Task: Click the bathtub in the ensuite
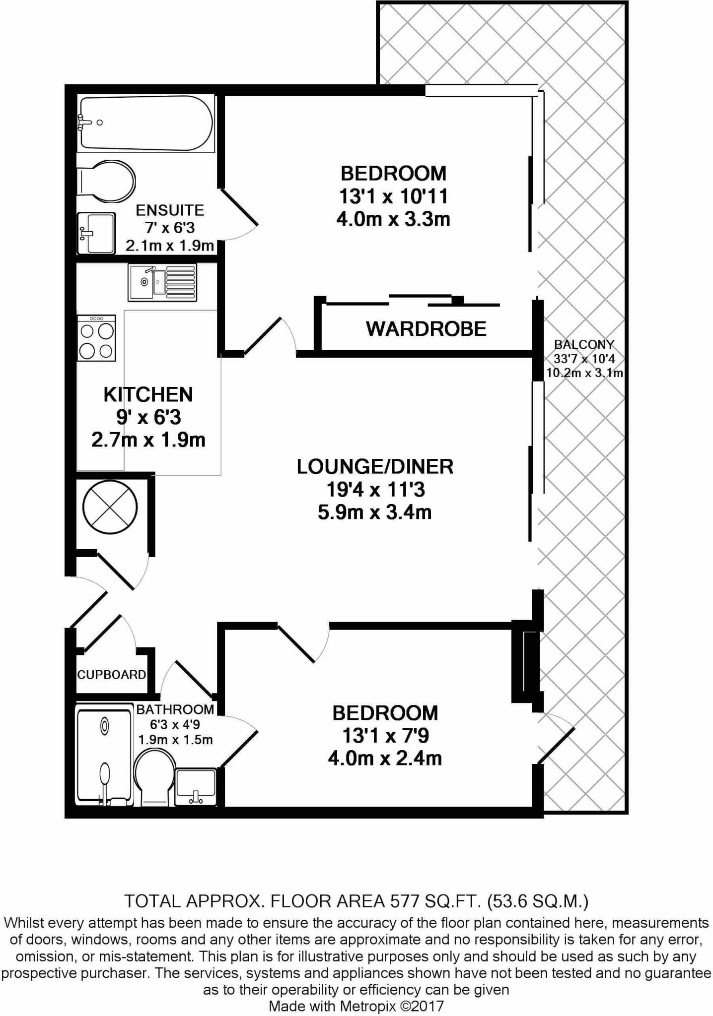click(146, 123)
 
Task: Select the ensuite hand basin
click(96, 233)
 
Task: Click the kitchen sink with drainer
click(162, 282)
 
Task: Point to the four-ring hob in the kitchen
click(96, 338)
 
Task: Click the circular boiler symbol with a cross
click(109, 508)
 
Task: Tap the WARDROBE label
click(426, 329)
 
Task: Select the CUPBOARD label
click(112, 674)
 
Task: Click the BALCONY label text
click(584, 344)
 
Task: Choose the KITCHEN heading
click(148, 394)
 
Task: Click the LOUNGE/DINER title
click(375, 466)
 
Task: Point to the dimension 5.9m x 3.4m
click(375, 512)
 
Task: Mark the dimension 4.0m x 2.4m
click(385, 758)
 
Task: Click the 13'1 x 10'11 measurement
click(393, 196)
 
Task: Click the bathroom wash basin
click(196, 787)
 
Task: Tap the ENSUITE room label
click(170, 210)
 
